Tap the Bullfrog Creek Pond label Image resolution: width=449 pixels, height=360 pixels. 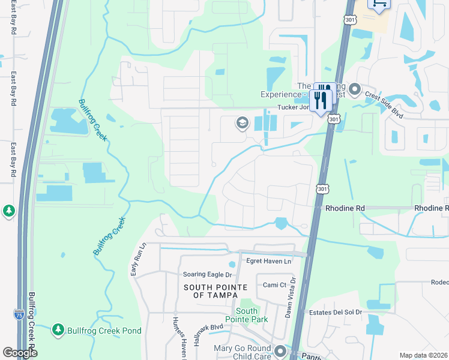[x=104, y=331]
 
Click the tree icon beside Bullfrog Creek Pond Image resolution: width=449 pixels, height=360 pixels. [x=58, y=329]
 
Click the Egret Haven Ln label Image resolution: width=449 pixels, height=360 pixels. [x=269, y=261]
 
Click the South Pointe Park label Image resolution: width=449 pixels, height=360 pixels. [x=247, y=315]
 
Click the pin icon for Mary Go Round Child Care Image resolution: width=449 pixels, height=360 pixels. [x=280, y=350]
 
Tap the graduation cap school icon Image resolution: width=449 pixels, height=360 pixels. [x=242, y=124]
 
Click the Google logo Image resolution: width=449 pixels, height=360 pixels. [x=20, y=353]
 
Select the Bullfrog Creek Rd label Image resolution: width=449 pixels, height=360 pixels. [x=32, y=324]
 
